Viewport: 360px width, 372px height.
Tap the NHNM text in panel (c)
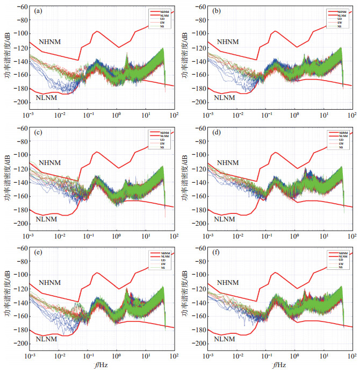(x=50, y=163)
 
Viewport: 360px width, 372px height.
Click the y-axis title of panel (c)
(x=6, y=176)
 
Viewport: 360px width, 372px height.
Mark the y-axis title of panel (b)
(x=185, y=54)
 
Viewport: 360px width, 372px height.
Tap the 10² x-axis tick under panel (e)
(x=174, y=357)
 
